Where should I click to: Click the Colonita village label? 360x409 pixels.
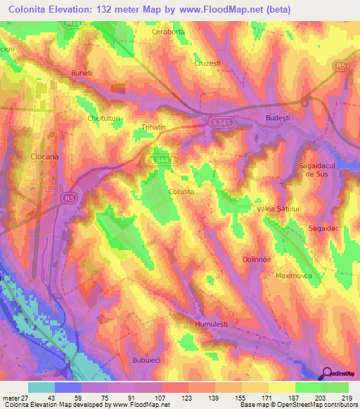(181, 190)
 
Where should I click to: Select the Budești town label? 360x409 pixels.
(278, 119)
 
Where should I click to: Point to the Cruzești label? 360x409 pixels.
(207, 63)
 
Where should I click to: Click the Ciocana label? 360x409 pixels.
(44, 158)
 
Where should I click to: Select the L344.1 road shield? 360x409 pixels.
(165, 160)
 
